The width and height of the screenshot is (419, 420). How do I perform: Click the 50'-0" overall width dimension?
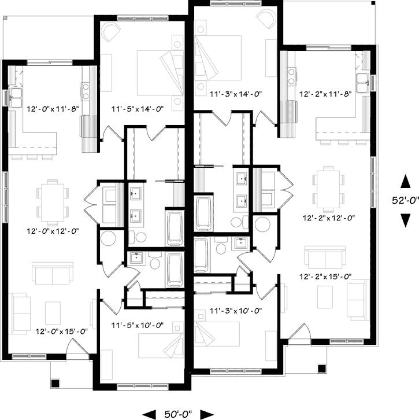click(x=179, y=414)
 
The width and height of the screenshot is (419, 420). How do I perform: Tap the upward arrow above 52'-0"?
click(x=405, y=182)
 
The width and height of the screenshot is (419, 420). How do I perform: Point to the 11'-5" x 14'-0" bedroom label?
click(x=138, y=108)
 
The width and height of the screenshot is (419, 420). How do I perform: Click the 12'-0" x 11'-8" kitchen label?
click(x=51, y=108)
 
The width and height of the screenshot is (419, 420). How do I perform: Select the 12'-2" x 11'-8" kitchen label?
click(x=327, y=93)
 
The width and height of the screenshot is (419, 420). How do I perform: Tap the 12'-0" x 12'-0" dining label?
click(x=51, y=231)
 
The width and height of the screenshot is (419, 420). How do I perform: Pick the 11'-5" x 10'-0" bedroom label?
click(x=138, y=326)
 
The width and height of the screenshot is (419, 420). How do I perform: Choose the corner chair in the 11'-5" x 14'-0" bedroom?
click(x=110, y=32)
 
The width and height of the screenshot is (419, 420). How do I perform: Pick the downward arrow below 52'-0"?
click(x=405, y=220)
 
